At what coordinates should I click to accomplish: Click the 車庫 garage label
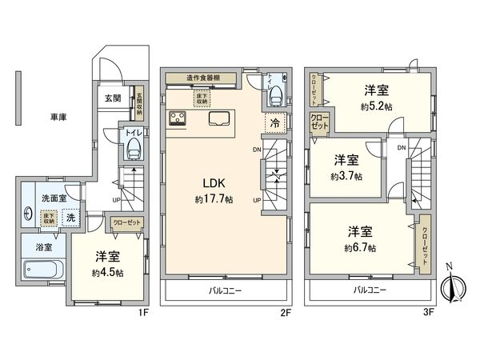55,118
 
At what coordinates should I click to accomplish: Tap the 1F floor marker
144,313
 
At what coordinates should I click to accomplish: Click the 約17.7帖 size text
214,199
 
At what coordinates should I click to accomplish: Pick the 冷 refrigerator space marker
274,125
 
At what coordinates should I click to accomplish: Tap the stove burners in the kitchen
178,120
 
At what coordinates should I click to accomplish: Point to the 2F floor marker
283,313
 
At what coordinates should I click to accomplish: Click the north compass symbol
454,285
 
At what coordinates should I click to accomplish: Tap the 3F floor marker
429,313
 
